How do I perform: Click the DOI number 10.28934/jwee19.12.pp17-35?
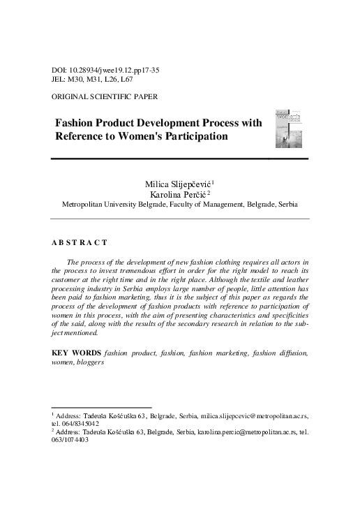click(x=110, y=71)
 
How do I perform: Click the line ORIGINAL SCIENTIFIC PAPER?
click(x=105, y=96)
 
